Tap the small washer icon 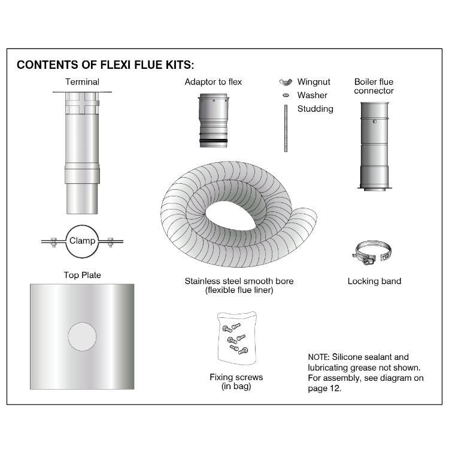click(x=286, y=95)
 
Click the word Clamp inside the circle click(x=82, y=241)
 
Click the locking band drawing click(x=371, y=254)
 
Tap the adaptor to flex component click(x=213, y=120)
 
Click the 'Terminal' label click(x=82, y=81)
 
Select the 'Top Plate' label click(x=82, y=275)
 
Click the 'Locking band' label click(x=374, y=280)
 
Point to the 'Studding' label click(x=315, y=109)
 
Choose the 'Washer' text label click(x=312, y=95)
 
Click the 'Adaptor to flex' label click(x=213, y=81)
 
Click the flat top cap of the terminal click(x=82, y=92)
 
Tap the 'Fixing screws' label click(x=236, y=377)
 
